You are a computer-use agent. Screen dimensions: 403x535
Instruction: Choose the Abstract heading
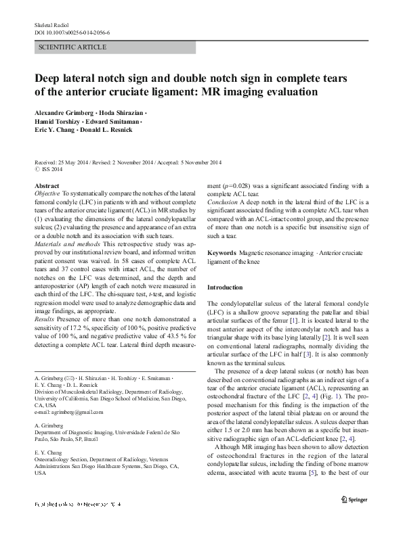pos(46,185)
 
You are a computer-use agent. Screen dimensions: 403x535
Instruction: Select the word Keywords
pos(222,252)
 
